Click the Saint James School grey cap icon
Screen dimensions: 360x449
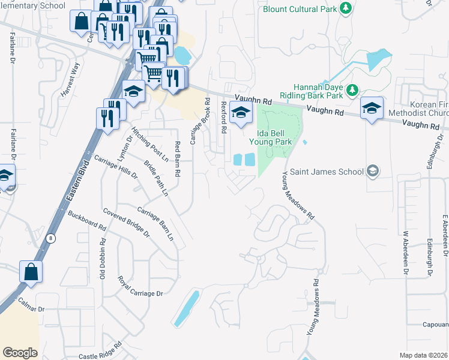pos(373,172)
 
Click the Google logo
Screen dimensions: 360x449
pos(20,352)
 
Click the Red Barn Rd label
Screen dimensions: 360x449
pos(178,158)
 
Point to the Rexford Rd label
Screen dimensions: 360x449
pos(223,116)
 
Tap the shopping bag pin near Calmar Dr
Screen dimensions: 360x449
pos(31,272)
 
